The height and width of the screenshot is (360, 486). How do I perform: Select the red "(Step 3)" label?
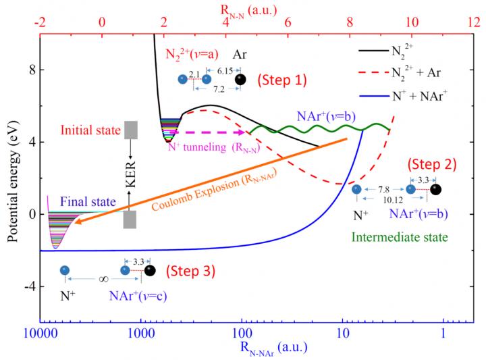(191, 271)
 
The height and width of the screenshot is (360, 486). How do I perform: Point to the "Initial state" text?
(94, 128)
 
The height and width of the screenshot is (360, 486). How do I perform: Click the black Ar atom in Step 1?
(240, 80)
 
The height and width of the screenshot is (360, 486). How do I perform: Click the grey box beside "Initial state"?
(130, 130)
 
